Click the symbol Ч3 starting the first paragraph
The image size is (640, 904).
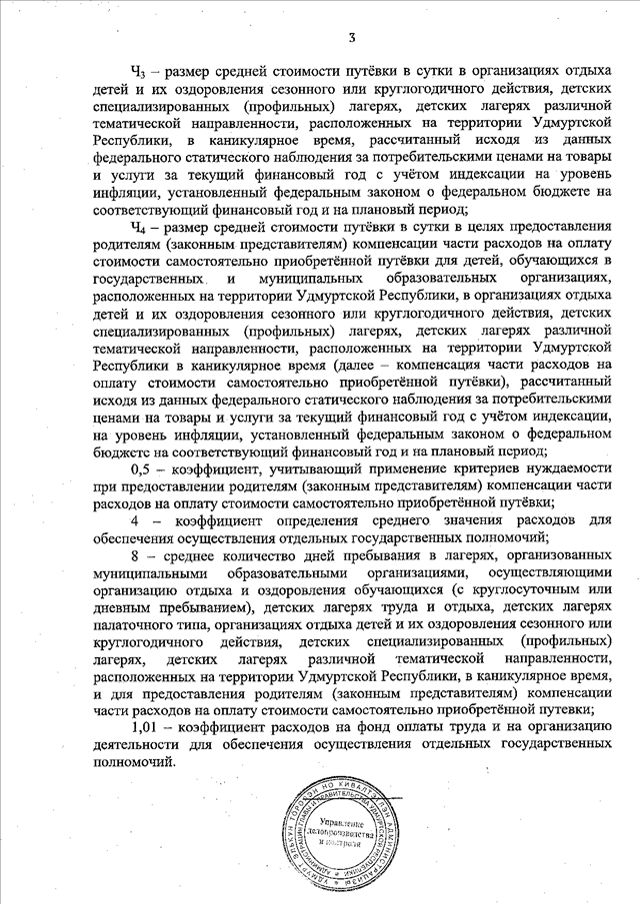pyautogui.click(x=139, y=71)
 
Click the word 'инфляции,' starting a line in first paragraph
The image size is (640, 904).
pyautogui.click(x=120, y=195)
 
